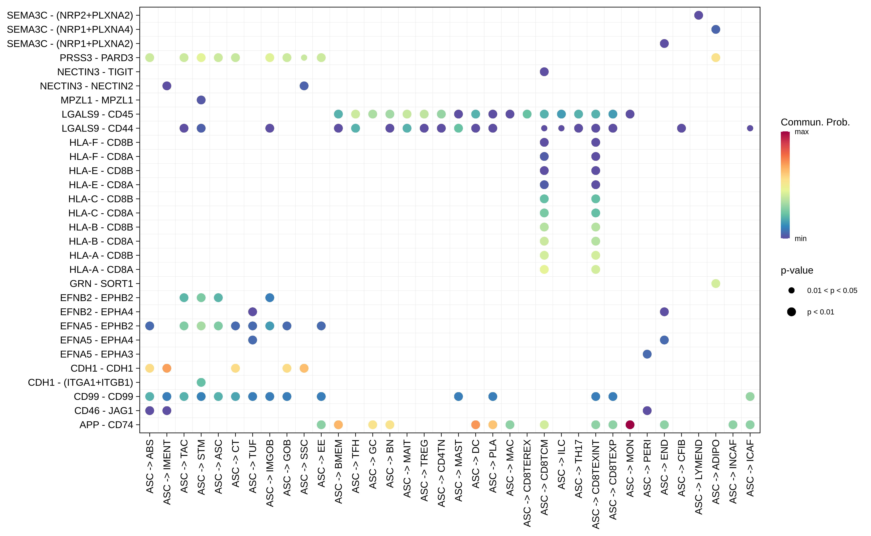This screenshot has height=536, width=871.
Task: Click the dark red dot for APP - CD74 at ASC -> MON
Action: coord(630,425)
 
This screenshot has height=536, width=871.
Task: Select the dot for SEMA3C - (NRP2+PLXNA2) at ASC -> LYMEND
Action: coord(698,15)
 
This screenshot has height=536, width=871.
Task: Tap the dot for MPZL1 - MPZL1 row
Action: coord(201,100)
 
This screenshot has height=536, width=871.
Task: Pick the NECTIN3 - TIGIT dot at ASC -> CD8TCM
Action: coord(544,72)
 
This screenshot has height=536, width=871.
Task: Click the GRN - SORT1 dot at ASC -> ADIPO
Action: coord(716,284)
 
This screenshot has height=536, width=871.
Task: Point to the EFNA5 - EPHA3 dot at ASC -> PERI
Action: coord(647,354)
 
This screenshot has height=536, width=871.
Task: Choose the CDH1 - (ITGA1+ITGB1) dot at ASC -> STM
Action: coord(201,382)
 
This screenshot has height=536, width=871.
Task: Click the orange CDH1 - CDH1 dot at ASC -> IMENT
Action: coord(167,368)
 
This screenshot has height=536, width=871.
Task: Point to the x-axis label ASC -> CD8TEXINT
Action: coord(595,484)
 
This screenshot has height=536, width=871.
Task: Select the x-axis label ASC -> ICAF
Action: coord(750,468)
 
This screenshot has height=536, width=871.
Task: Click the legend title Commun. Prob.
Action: coord(815,122)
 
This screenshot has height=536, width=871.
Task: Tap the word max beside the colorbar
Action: coord(801,132)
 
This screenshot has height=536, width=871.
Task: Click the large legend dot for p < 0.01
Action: coord(791,312)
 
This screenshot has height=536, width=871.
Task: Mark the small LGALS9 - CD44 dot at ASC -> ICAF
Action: coord(750,128)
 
